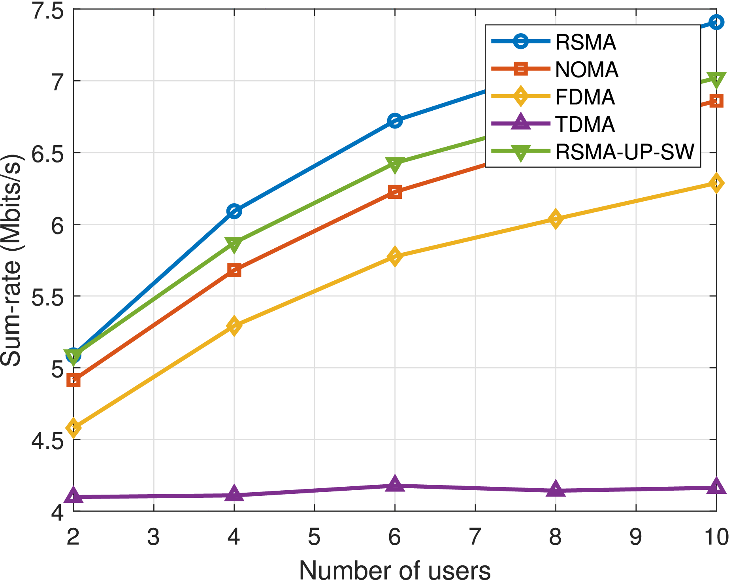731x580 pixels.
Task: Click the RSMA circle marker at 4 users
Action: (234, 212)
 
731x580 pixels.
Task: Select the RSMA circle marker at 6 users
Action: (395, 121)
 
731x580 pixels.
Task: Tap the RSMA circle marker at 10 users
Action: (716, 22)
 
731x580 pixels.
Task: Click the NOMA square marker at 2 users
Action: (73, 381)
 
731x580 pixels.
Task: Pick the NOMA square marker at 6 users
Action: (395, 192)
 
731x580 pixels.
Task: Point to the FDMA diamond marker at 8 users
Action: (555, 219)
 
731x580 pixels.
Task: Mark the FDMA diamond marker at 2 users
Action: (73, 428)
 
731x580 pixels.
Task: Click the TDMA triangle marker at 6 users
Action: (395, 484)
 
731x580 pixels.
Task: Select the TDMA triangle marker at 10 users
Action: (716, 486)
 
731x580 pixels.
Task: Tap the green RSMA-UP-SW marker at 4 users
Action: (234, 244)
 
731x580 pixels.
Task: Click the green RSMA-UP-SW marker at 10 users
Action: (716, 79)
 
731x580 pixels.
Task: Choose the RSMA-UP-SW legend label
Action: (624, 152)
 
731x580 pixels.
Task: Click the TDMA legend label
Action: (585, 124)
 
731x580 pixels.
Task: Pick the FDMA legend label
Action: (585, 97)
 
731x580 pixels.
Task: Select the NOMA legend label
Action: (586, 70)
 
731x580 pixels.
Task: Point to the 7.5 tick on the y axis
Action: (47, 10)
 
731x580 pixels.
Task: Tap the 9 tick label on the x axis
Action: (635, 537)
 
